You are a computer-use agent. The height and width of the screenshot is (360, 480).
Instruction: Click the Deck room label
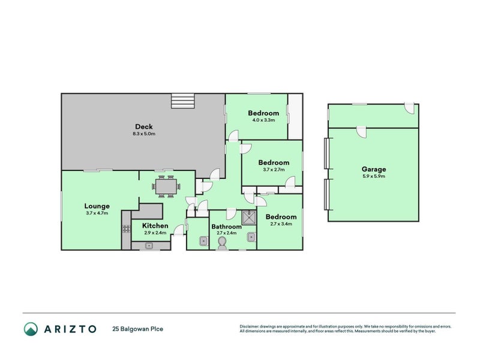[x=143, y=126]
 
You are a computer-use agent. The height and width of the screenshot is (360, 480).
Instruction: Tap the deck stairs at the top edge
[x=184, y=101]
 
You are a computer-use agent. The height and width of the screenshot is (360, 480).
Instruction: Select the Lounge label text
[x=97, y=206]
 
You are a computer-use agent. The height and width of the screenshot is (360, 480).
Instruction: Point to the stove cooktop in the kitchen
[x=126, y=229]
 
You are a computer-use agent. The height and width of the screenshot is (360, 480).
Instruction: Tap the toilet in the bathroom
[x=222, y=242]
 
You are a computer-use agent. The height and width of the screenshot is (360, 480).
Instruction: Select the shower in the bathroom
[x=249, y=217]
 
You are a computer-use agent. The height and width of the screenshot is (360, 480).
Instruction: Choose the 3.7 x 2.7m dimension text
[x=274, y=170]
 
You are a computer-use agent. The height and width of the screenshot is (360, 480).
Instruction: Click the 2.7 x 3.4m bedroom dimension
[x=281, y=224]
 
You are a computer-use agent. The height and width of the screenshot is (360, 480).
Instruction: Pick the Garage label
[x=373, y=169]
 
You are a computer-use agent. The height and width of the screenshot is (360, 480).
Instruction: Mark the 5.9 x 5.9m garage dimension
[x=373, y=176]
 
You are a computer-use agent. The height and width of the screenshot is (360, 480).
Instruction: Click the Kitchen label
[x=155, y=226]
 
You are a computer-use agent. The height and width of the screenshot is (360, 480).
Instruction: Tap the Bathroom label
[x=226, y=226]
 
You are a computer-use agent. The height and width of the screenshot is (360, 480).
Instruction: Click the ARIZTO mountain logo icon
[x=31, y=328]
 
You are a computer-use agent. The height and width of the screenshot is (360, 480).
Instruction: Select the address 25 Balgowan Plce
[x=137, y=329]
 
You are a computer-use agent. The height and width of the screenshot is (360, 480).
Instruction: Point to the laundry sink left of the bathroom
[x=203, y=242]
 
